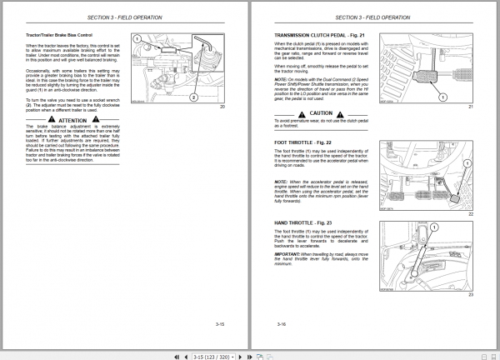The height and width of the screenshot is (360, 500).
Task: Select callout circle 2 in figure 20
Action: pyautogui.click(x=193, y=97)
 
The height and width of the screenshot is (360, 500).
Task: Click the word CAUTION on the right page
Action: pyautogui.click(x=320, y=112)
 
